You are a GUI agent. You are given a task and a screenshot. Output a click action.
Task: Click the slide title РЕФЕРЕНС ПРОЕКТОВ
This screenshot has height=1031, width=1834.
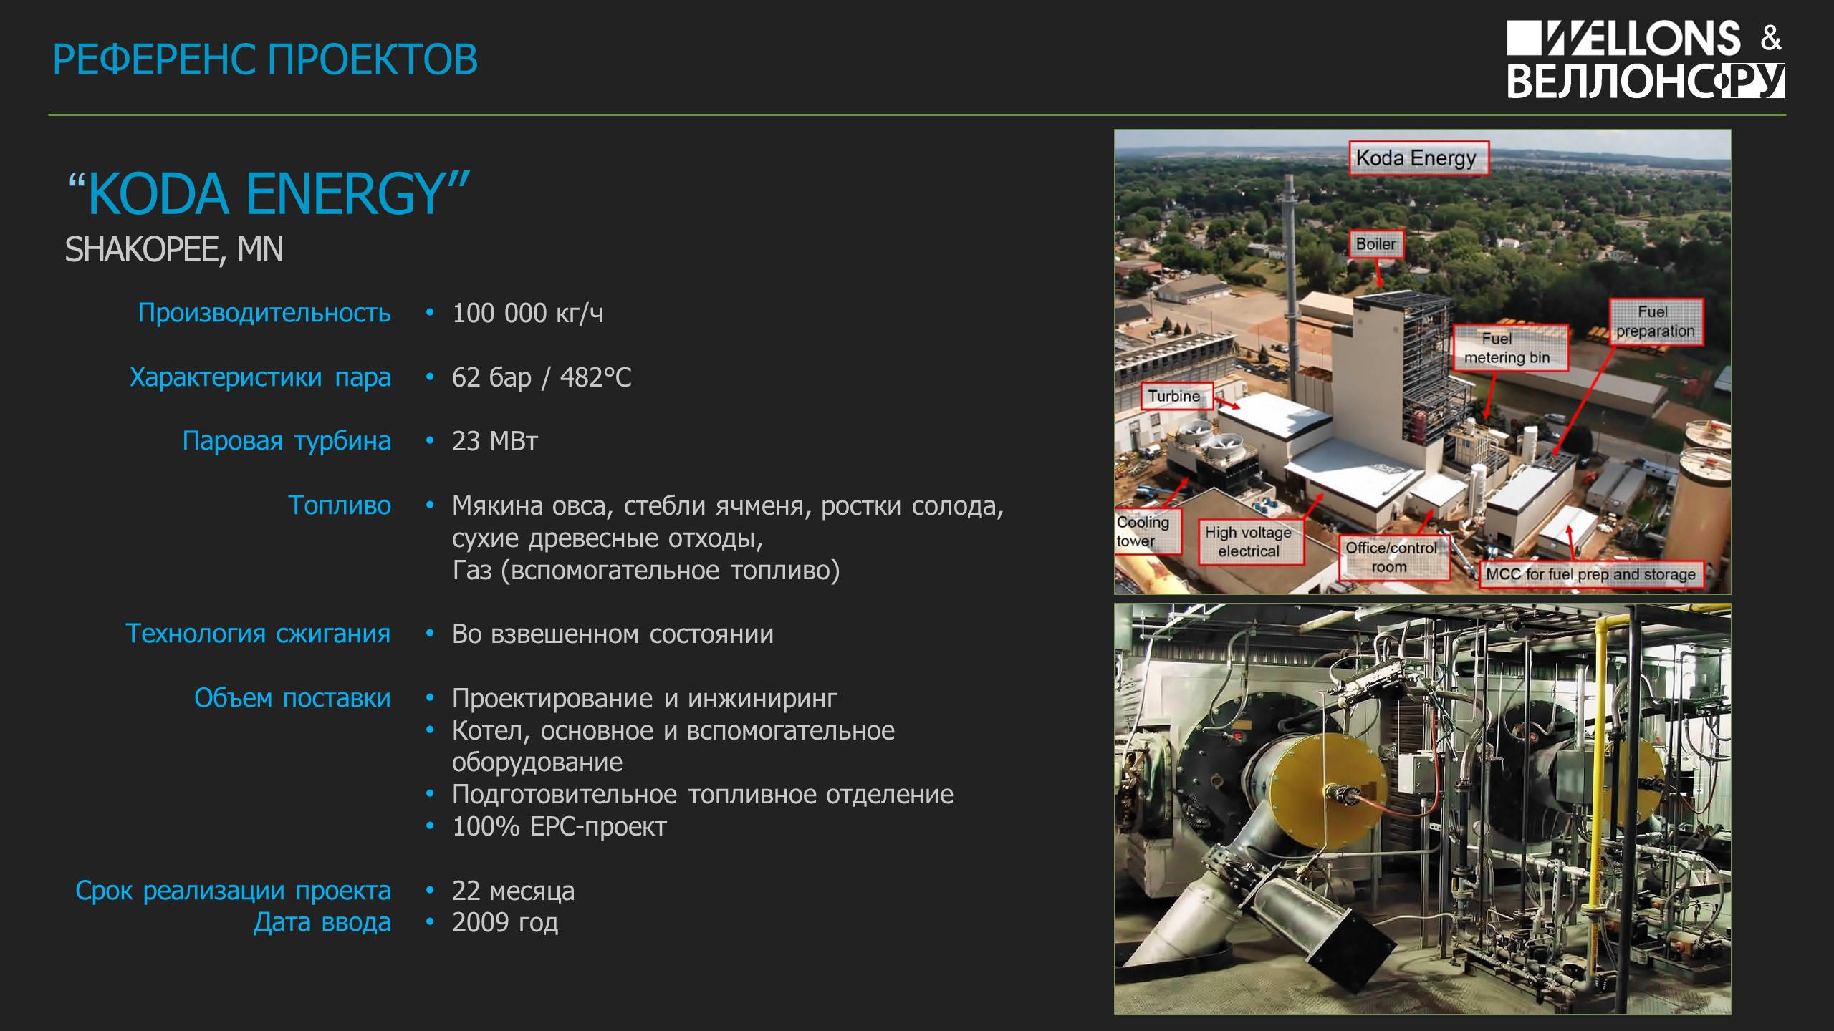(265, 59)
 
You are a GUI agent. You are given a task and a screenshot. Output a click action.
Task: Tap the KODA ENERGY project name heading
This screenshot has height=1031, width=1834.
(269, 194)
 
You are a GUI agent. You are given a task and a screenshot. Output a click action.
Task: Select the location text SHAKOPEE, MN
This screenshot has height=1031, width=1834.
(174, 250)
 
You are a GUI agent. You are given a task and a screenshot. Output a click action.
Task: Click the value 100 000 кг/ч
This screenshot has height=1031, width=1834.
(527, 313)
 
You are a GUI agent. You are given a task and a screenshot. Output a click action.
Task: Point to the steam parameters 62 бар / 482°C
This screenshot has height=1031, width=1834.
(542, 377)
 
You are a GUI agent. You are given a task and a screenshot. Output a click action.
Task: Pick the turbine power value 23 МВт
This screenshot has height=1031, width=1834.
(494, 441)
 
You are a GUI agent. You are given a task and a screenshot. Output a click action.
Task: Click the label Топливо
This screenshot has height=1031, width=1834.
(340, 505)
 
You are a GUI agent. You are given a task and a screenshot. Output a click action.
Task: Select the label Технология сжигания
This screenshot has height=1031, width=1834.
(258, 634)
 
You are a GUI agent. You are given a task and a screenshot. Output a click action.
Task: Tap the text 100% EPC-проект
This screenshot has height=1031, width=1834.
(559, 827)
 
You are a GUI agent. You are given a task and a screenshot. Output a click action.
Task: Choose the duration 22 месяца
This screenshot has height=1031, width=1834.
(513, 891)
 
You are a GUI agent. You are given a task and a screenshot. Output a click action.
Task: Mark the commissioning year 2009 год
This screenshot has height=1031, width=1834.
(505, 923)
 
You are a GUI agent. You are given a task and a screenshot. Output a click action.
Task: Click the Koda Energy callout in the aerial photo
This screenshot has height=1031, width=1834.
(1418, 158)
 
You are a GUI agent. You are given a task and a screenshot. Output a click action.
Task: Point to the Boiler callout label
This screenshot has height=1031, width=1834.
(1376, 244)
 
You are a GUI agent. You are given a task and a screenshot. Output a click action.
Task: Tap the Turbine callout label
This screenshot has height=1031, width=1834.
(1176, 396)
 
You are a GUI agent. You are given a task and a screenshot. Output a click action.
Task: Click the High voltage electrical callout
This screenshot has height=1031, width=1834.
(1249, 542)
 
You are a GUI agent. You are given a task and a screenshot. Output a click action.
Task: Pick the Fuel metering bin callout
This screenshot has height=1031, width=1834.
(1510, 348)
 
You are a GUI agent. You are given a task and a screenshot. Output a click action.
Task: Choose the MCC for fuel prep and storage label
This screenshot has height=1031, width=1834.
(1591, 574)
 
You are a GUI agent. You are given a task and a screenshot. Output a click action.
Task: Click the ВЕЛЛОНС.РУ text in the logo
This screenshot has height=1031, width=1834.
(1646, 81)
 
